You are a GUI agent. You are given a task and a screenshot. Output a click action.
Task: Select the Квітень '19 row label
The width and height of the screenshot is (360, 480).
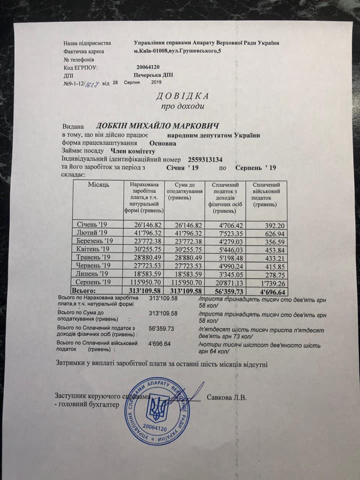pos(92,248)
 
